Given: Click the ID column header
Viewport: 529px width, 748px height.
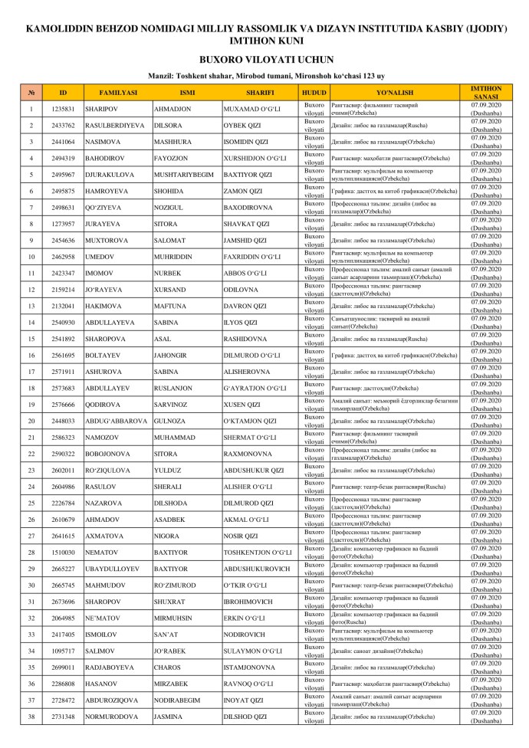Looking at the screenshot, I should click(63, 93).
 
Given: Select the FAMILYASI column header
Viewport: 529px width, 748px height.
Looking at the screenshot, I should click(118, 93).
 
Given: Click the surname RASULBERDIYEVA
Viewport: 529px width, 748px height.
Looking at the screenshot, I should click(116, 125).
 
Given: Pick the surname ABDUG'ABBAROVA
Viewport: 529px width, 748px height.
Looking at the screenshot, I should click(116, 421).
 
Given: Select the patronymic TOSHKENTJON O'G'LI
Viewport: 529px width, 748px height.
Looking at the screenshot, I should click(256, 552).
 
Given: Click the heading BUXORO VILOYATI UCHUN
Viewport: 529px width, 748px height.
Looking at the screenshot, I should click(264, 58).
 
